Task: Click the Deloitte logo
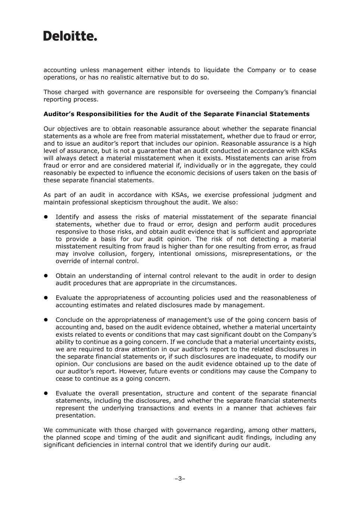click(70, 36)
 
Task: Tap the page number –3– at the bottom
click(180, 478)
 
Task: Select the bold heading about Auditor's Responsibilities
click(176, 114)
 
